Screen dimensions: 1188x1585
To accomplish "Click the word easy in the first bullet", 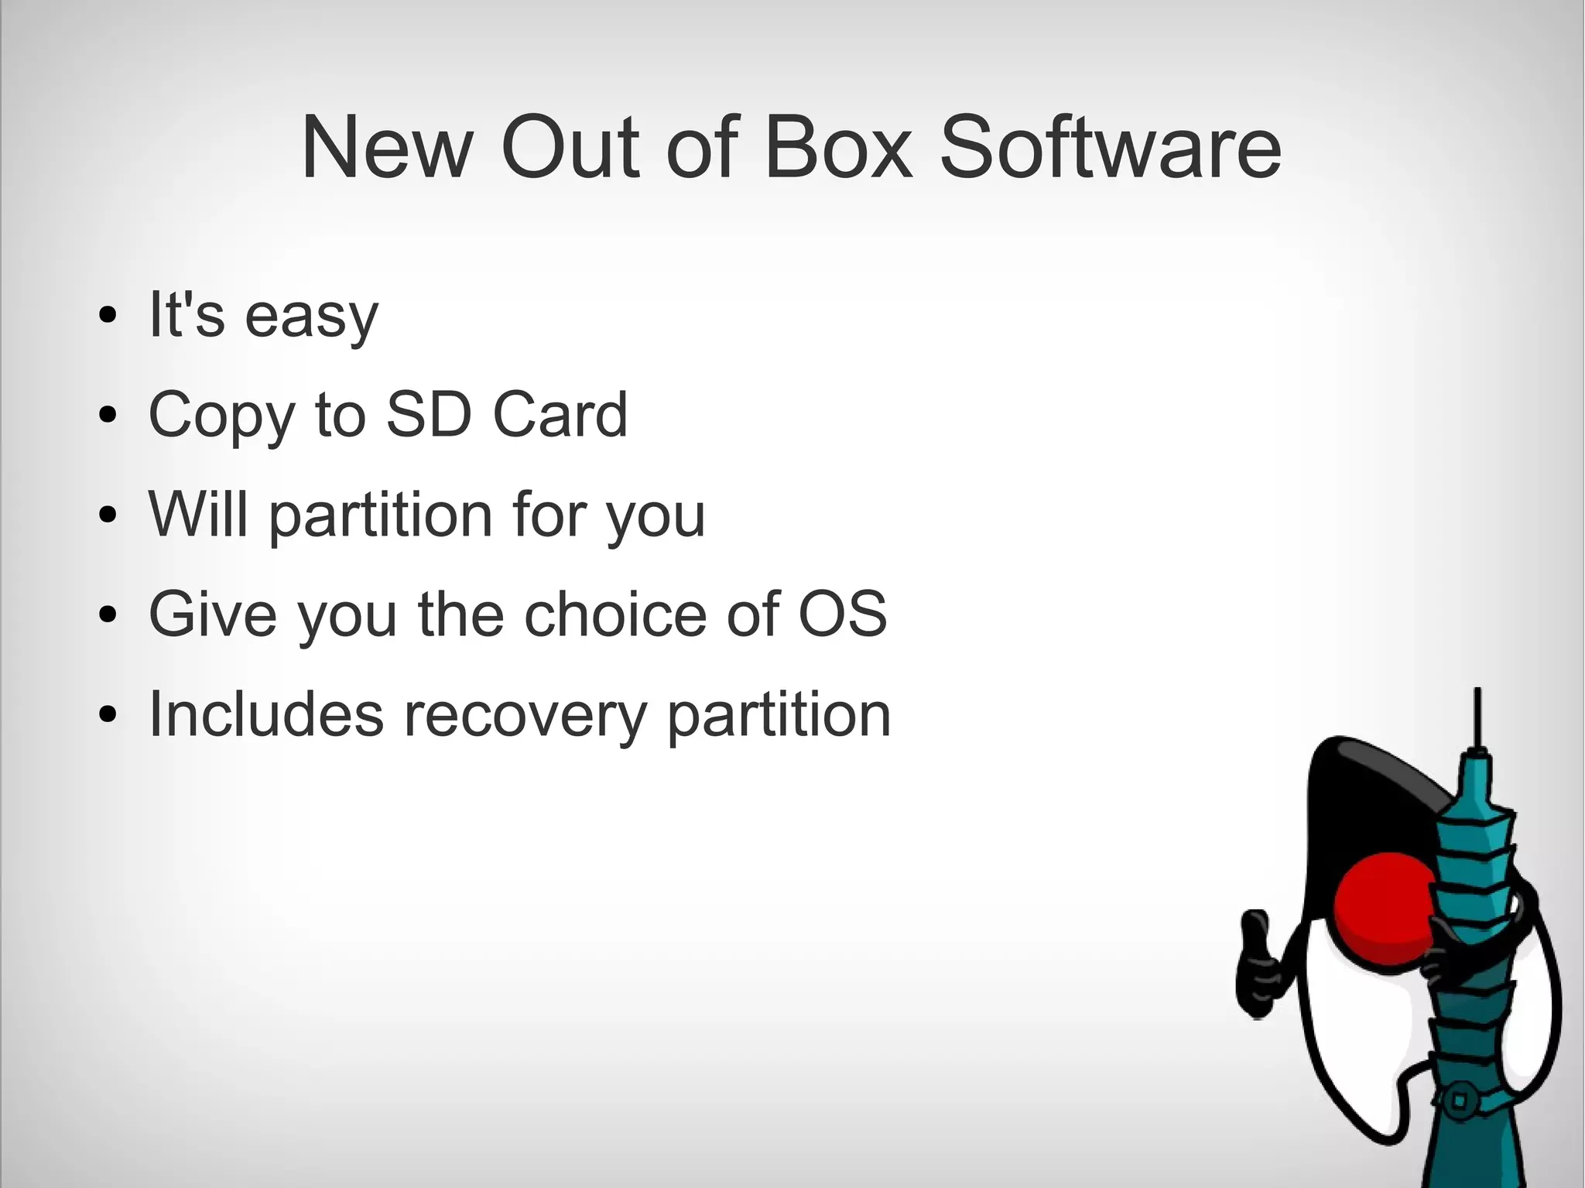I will pos(311,317).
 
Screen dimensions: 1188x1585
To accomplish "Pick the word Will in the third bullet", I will pos(199,514).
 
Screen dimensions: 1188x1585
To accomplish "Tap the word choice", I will pos(615,614).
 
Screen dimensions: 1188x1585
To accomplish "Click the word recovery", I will pos(524,714).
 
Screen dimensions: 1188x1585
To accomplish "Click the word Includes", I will pos(265,714).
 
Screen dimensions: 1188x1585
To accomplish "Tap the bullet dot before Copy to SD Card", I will pos(108,415).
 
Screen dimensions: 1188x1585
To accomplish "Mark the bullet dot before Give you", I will pos(108,615).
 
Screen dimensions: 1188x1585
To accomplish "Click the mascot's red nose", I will pos(1385,906).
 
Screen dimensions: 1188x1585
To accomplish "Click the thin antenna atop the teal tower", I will pos(1477,716).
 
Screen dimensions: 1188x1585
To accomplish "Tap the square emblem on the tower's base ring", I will pos(1459,1100).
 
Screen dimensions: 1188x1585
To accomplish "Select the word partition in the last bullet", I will pos(779,714).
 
